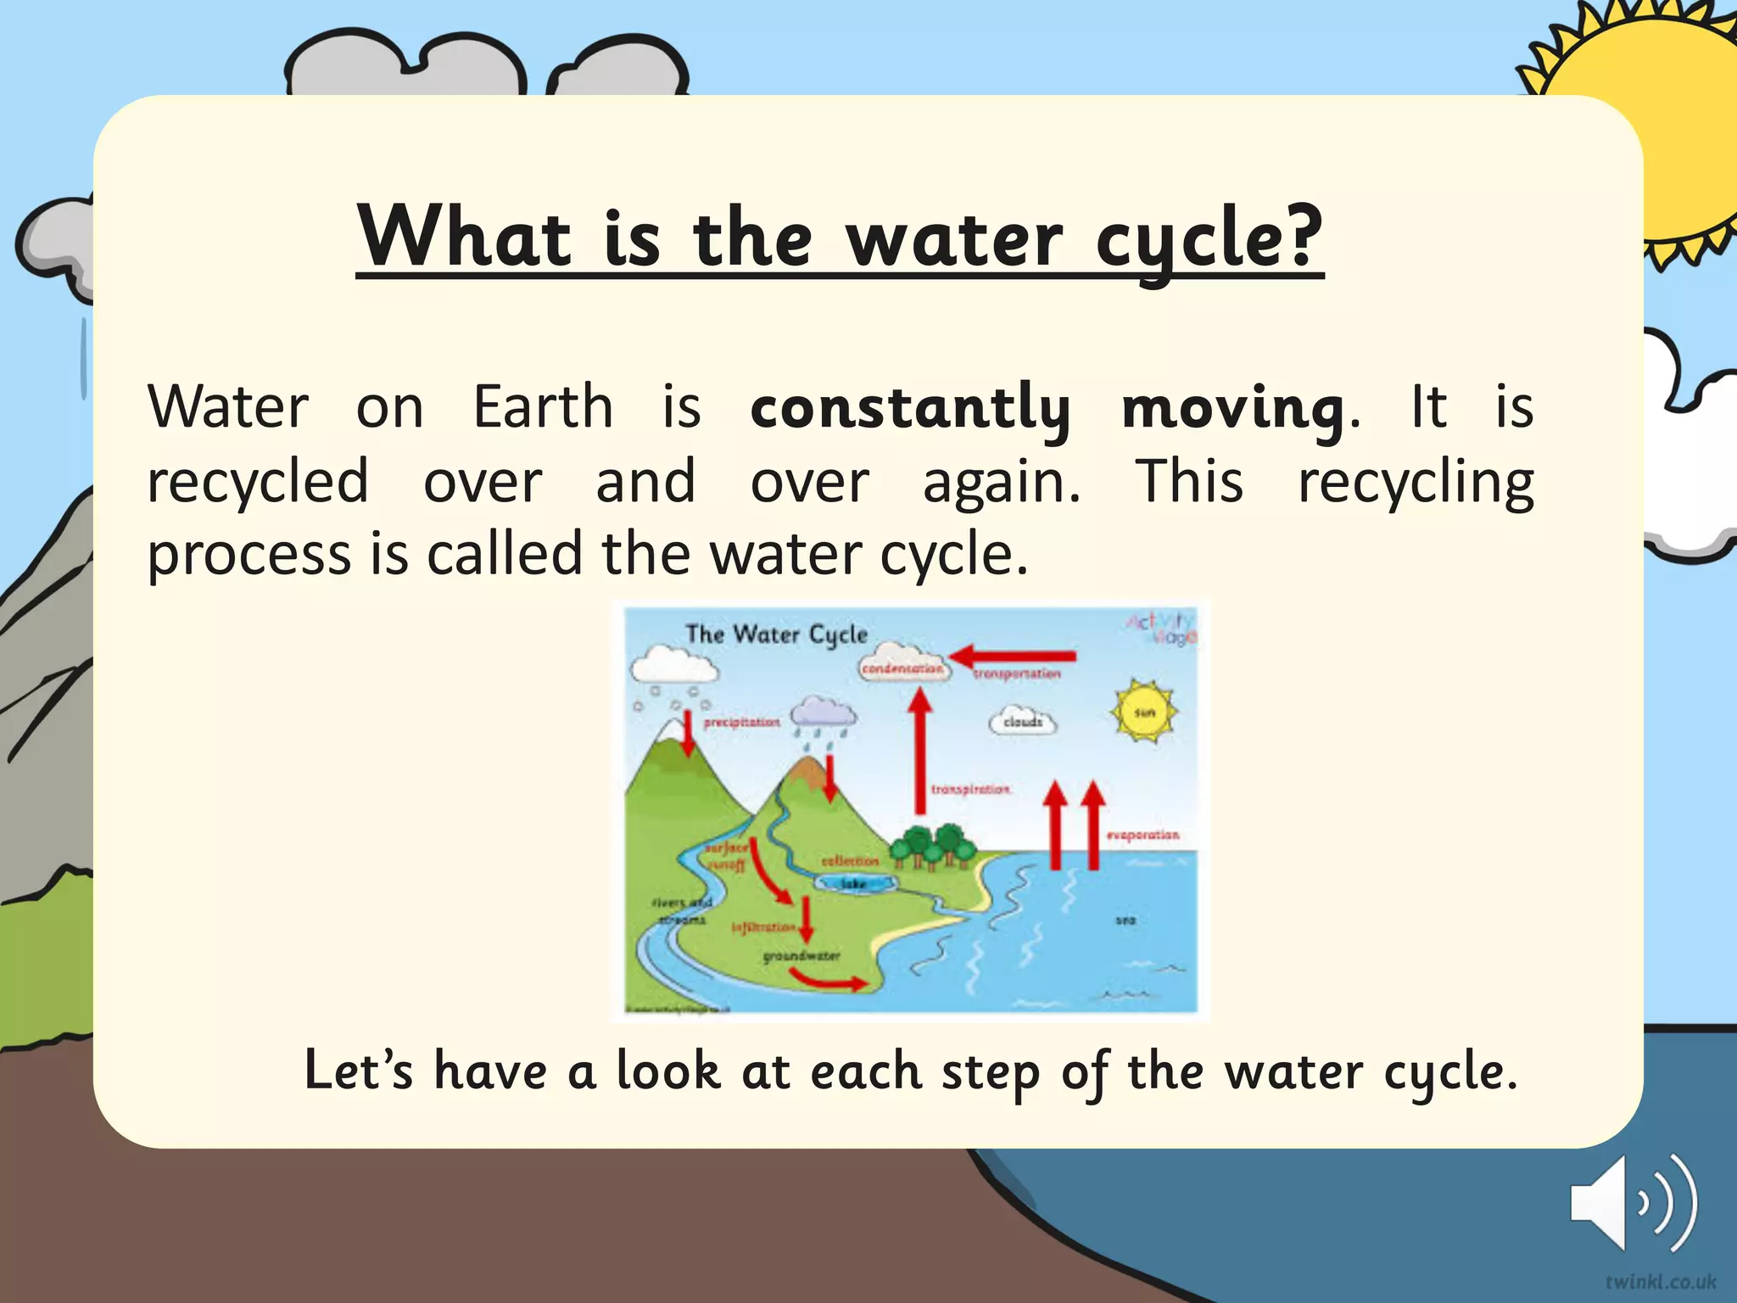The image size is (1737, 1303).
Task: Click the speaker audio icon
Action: [x=1633, y=1203]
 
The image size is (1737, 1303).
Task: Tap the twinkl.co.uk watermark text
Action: [x=1660, y=1281]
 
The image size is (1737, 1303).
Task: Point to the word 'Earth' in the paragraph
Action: [x=543, y=407]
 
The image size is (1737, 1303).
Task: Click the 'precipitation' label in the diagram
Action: [x=741, y=722]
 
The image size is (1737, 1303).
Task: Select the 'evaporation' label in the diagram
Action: [x=1142, y=836]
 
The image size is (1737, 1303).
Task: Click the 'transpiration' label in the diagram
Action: [x=970, y=790]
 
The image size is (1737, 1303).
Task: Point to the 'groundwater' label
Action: [x=801, y=956]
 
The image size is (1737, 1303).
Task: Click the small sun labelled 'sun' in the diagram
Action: [x=1144, y=713]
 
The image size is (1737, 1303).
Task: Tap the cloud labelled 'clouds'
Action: [x=1023, y=722]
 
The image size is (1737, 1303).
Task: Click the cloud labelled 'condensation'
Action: [x=902, y=667]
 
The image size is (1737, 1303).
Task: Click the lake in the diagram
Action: [x=854, y=883]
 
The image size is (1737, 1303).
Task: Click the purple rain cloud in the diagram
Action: [x=823, y=713]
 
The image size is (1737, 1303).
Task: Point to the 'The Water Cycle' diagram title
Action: [x=776, y=635]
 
